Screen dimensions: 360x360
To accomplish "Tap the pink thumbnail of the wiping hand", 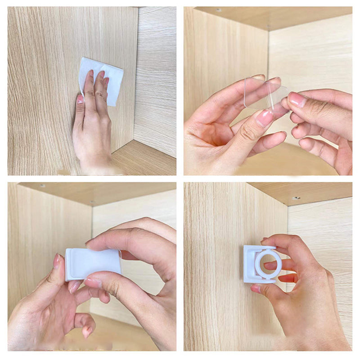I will [80, 99].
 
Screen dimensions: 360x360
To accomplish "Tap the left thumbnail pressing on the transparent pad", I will [265, 118].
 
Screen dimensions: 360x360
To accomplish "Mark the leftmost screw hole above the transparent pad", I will [219, 10].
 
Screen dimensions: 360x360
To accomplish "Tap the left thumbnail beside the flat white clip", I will [57, 261].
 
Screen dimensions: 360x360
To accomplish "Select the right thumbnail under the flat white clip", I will [92, 283].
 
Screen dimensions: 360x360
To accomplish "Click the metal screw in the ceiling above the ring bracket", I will [296, 198].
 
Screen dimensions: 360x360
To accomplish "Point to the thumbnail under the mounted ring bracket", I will [256, 288].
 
